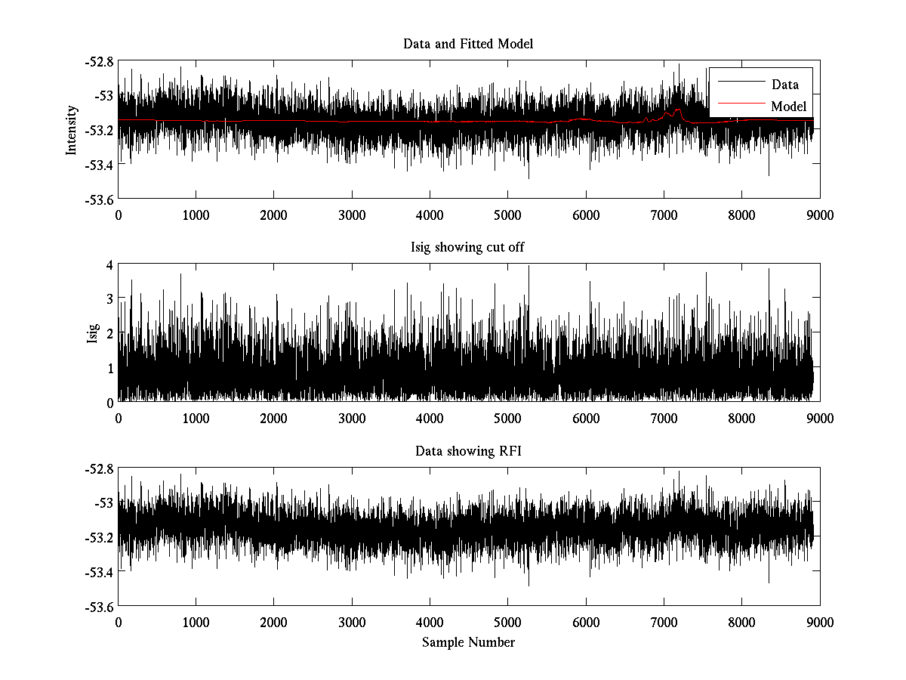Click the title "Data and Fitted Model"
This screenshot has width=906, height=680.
(468, 44)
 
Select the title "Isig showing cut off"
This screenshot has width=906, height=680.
(468, 248)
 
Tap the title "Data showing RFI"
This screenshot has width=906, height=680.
(468, 451)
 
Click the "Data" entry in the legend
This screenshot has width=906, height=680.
(784, 85)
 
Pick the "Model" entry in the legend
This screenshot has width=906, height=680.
(788, 106)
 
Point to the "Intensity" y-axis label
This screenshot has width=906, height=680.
(72, 130)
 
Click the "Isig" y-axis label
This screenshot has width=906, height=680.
(93, 333)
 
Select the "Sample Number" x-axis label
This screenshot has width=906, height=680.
(468, 642)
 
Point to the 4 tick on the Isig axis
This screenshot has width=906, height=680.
(109, 265)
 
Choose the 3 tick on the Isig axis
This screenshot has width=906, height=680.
(109, 299)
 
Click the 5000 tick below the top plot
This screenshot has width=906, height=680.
(508, 215)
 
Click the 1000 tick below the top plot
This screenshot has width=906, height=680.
(196, 215)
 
